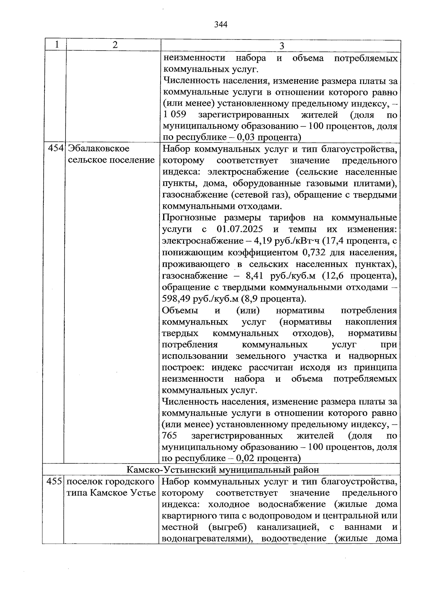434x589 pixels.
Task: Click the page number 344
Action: coord(220,24)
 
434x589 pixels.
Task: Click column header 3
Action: coord(282,46)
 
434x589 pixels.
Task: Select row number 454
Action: coord(56,149)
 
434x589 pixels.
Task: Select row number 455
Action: coord(55,482)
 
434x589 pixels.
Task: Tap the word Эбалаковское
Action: coord(99,149)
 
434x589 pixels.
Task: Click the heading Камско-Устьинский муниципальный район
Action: coord(223,470)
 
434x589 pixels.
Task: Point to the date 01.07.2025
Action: coord(240,229)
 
